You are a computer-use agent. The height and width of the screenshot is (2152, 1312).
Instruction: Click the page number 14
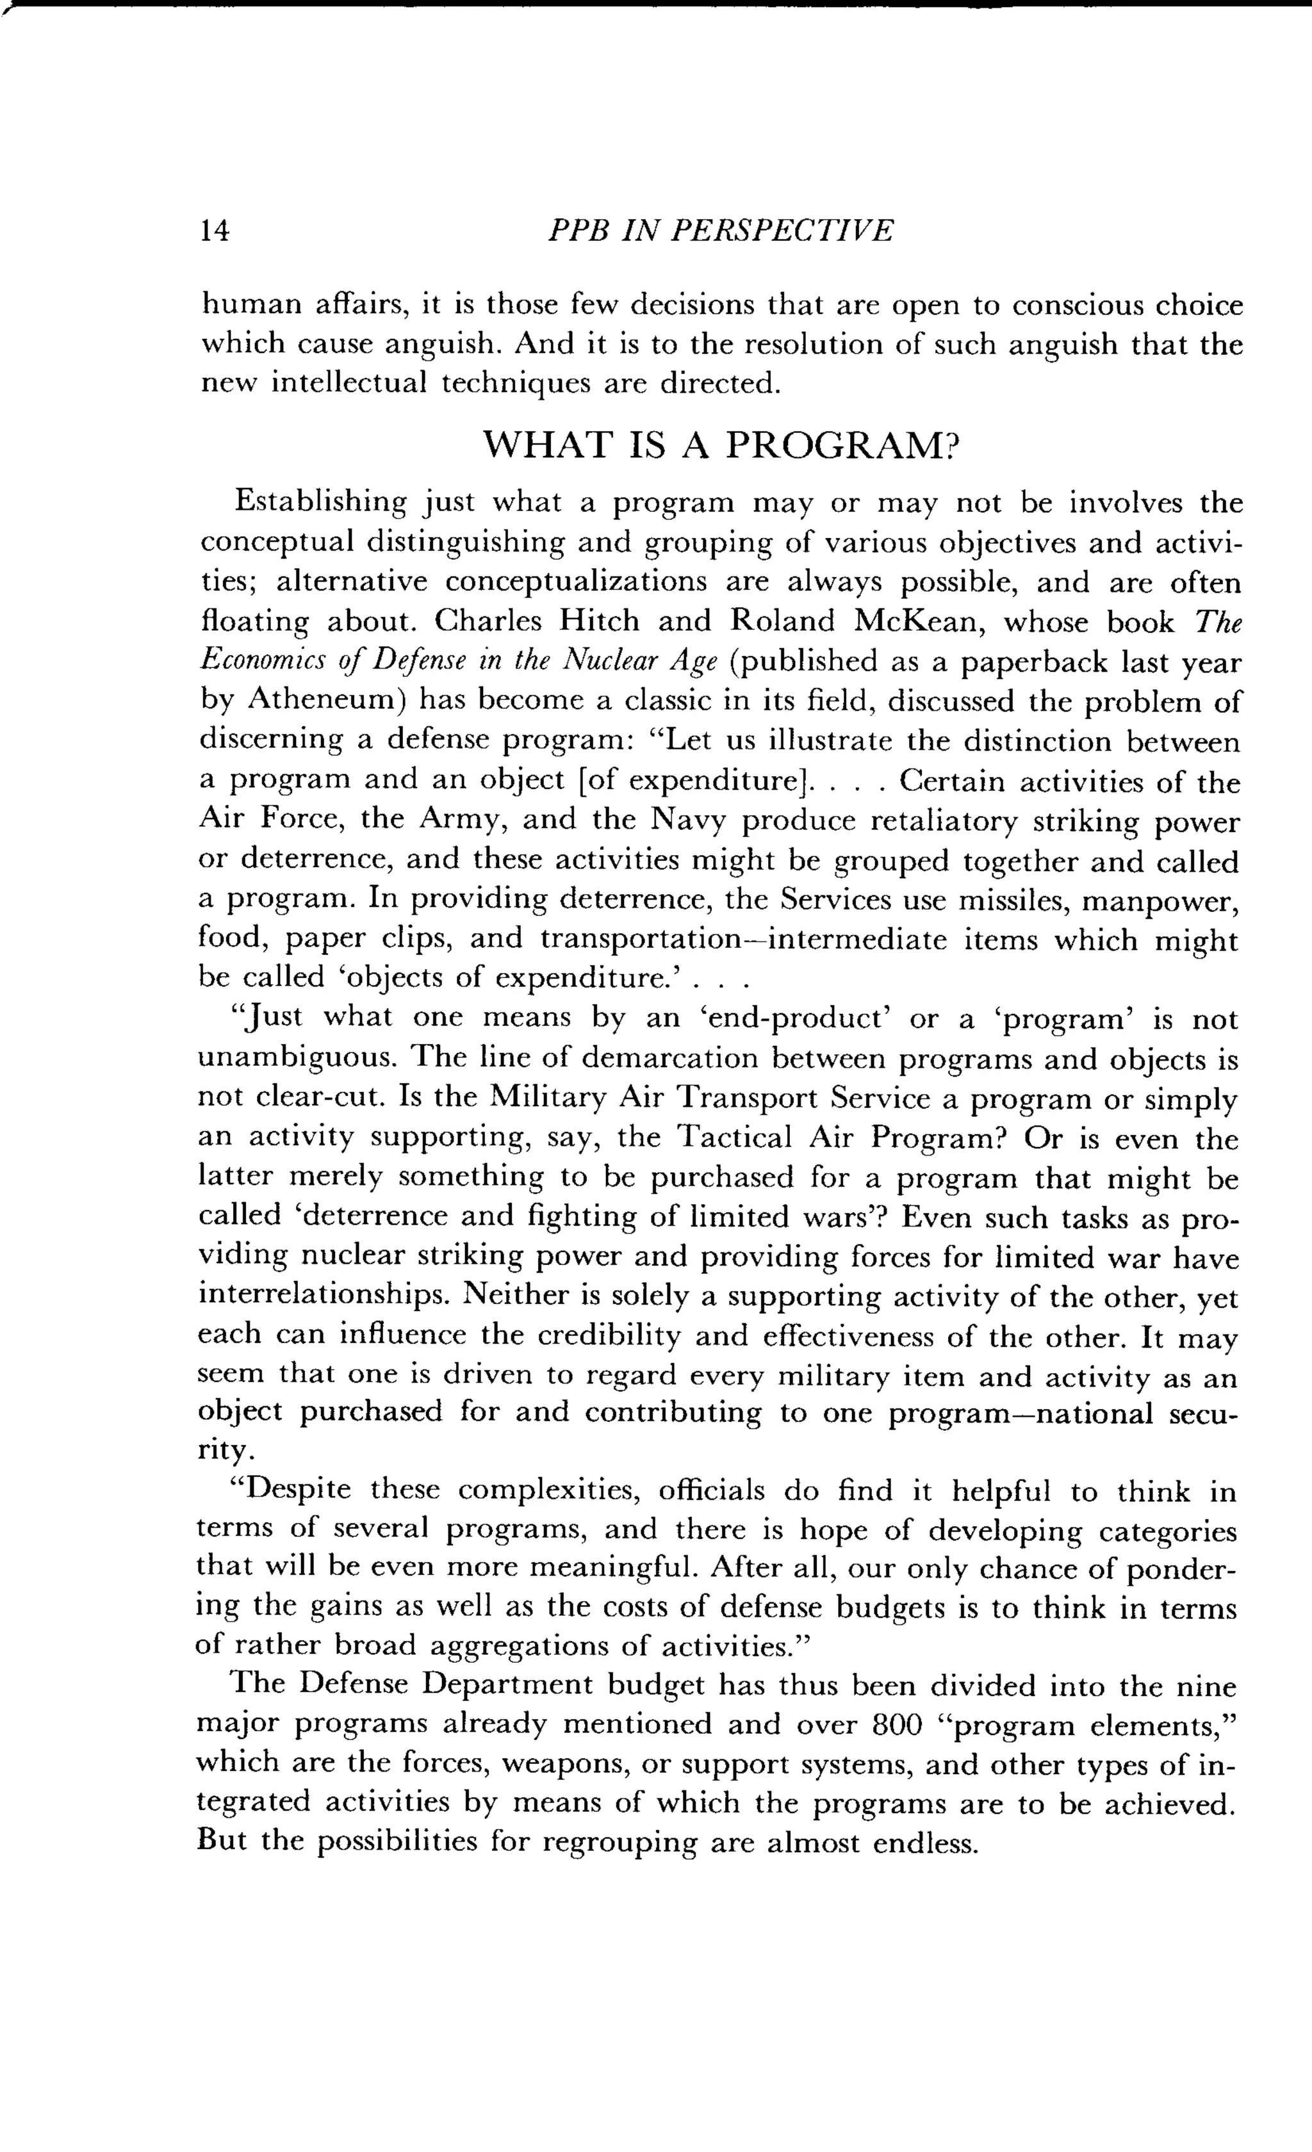(214, 231)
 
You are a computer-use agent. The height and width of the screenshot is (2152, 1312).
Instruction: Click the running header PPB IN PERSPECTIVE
(720, 231)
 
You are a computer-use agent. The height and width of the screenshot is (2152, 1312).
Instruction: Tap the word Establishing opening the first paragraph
(320, 503)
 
